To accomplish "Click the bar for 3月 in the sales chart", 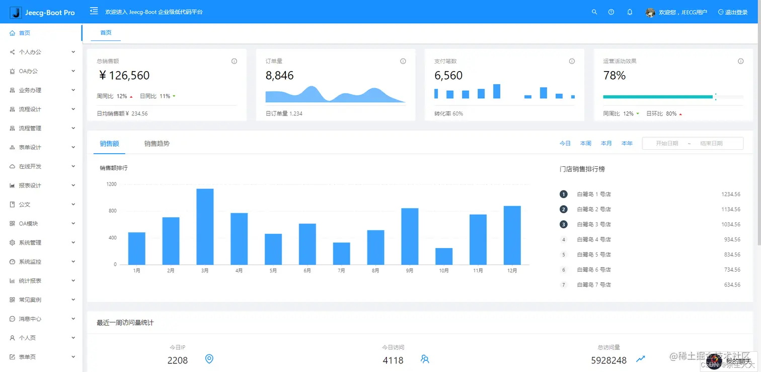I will [205, 226].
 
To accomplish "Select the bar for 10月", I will [444, 256].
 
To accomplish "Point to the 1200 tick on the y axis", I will [111, 184].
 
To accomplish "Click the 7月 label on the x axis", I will [341, 271].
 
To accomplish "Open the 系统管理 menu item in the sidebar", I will [30, 243].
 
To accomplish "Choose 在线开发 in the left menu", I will [30, 166].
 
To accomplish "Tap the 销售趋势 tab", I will [157, 144].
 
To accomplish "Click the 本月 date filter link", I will [606, 144].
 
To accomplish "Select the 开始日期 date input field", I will [667, 144].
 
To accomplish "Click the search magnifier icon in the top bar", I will [594, 12].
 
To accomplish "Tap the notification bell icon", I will [630, 12].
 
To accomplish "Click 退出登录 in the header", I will [733, 12].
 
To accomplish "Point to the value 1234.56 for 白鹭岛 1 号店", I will [730, 194].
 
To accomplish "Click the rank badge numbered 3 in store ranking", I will [564, 224].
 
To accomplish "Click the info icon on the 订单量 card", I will [403, 61].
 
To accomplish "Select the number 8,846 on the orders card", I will [280, 76].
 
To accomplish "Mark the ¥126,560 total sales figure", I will [124, 76].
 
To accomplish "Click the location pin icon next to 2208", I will [209, 359].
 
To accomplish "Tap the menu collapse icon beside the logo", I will [94, 11].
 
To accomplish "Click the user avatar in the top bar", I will [650, 13].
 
